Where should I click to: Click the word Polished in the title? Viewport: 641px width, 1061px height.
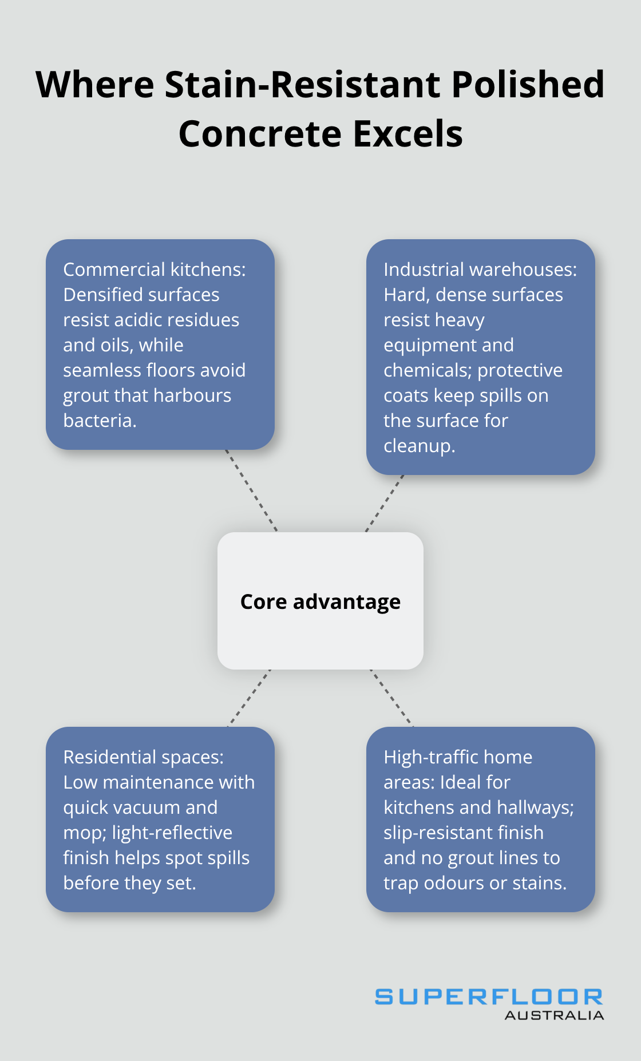click(x=528, y=85)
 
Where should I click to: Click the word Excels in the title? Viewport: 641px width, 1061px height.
click(x=407, y=134)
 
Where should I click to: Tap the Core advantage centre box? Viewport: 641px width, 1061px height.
click(x=320, y=601)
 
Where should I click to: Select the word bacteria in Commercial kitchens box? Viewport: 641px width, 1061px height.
click(x=100, y=421)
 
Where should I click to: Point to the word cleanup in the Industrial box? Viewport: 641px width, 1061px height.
click(x=418, y=446)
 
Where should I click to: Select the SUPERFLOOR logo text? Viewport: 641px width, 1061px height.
click(x=489, y=997)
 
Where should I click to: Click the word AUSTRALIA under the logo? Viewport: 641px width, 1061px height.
click(x=554, y=1016)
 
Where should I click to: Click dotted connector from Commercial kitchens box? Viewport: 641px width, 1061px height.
click(x=251, y=490)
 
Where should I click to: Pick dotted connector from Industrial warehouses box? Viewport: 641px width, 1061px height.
click(x=385, y=503)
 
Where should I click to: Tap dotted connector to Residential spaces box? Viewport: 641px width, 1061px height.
click(x=249, y=698)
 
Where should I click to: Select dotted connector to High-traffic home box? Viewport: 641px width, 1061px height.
click(x=391, y=698)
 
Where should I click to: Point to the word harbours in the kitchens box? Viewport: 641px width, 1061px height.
click(x=196, y=395)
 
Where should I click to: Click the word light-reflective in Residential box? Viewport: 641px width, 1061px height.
click(x=172, y=833)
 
